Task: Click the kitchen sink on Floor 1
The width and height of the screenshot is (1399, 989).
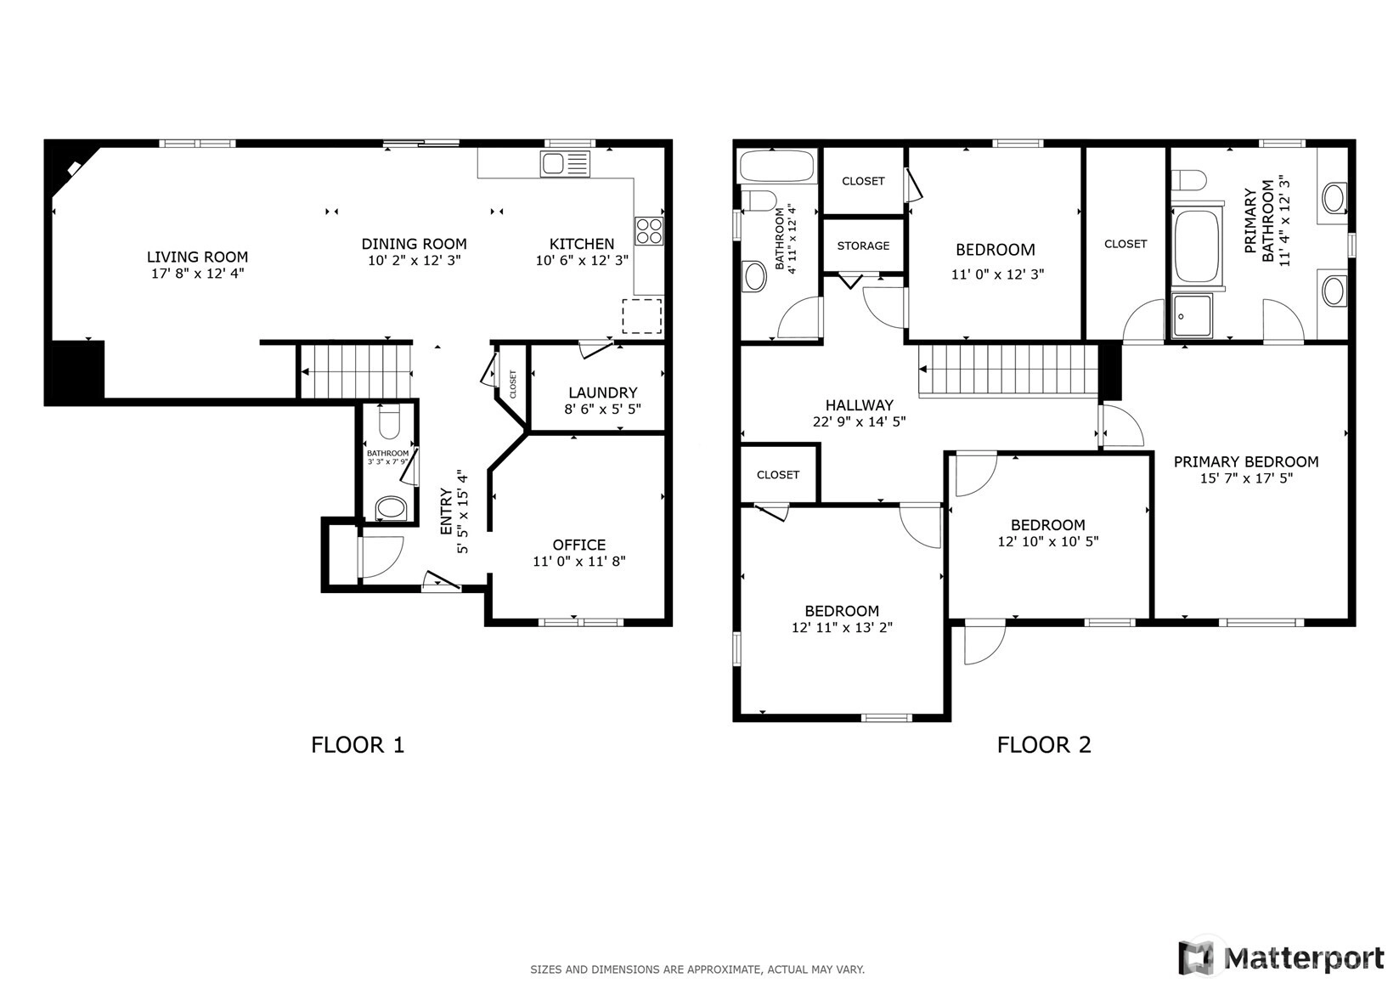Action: (565, 164)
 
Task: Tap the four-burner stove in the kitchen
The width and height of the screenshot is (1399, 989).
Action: (649, 230)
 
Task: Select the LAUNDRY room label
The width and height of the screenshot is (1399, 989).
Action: (603, 393)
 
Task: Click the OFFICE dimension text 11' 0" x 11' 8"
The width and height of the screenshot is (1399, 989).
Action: (579, 561)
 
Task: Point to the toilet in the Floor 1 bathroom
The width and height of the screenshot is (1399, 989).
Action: (389, 421)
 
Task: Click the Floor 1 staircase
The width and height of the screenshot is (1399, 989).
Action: (356, 372)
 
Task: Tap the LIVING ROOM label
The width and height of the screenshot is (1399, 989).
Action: (197, 257)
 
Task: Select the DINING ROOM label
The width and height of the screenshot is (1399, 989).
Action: (414, 244)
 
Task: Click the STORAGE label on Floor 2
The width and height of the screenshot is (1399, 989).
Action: (863, 246)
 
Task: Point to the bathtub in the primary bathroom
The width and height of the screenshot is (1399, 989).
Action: (1198, 246)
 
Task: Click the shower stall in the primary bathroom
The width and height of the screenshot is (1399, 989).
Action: (1192, 315)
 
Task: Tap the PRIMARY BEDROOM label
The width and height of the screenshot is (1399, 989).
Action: (1246, 461)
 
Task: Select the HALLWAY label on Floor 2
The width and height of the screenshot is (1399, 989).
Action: (860, 404)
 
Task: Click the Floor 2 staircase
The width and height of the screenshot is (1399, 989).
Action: (1008, 370)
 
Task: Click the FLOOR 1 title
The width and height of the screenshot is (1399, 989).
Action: (358, 744)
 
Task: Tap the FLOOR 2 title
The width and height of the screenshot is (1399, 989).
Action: (1044, 744)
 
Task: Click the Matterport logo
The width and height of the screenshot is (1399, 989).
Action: (1282, 958)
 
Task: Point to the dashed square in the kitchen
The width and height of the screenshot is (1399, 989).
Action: (642, 316)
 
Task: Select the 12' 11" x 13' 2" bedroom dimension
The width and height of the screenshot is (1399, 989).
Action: (842, 627)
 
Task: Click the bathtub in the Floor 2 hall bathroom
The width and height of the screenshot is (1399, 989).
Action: (777, 167)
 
